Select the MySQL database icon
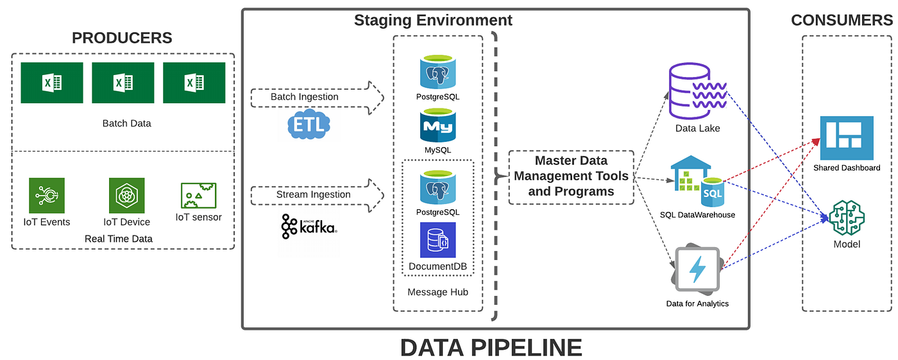click(x=437, y=125)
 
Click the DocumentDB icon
click(x=437, y=240)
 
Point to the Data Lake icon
click(x=698, y=91)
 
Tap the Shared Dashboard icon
click(x=847, y=138)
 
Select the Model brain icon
click(x=847, y=218)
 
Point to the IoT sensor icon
click(x=198, y=194)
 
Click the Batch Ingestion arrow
click(x=317, y=97)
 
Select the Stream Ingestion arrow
click(x=317, y=194)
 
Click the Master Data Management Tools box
click(x=571, y=176)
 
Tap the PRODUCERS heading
click(x=122, y=38)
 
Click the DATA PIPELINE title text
click(x=491, y=347)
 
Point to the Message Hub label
click(x=437, y=292)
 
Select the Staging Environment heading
click(x=433, y=21)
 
